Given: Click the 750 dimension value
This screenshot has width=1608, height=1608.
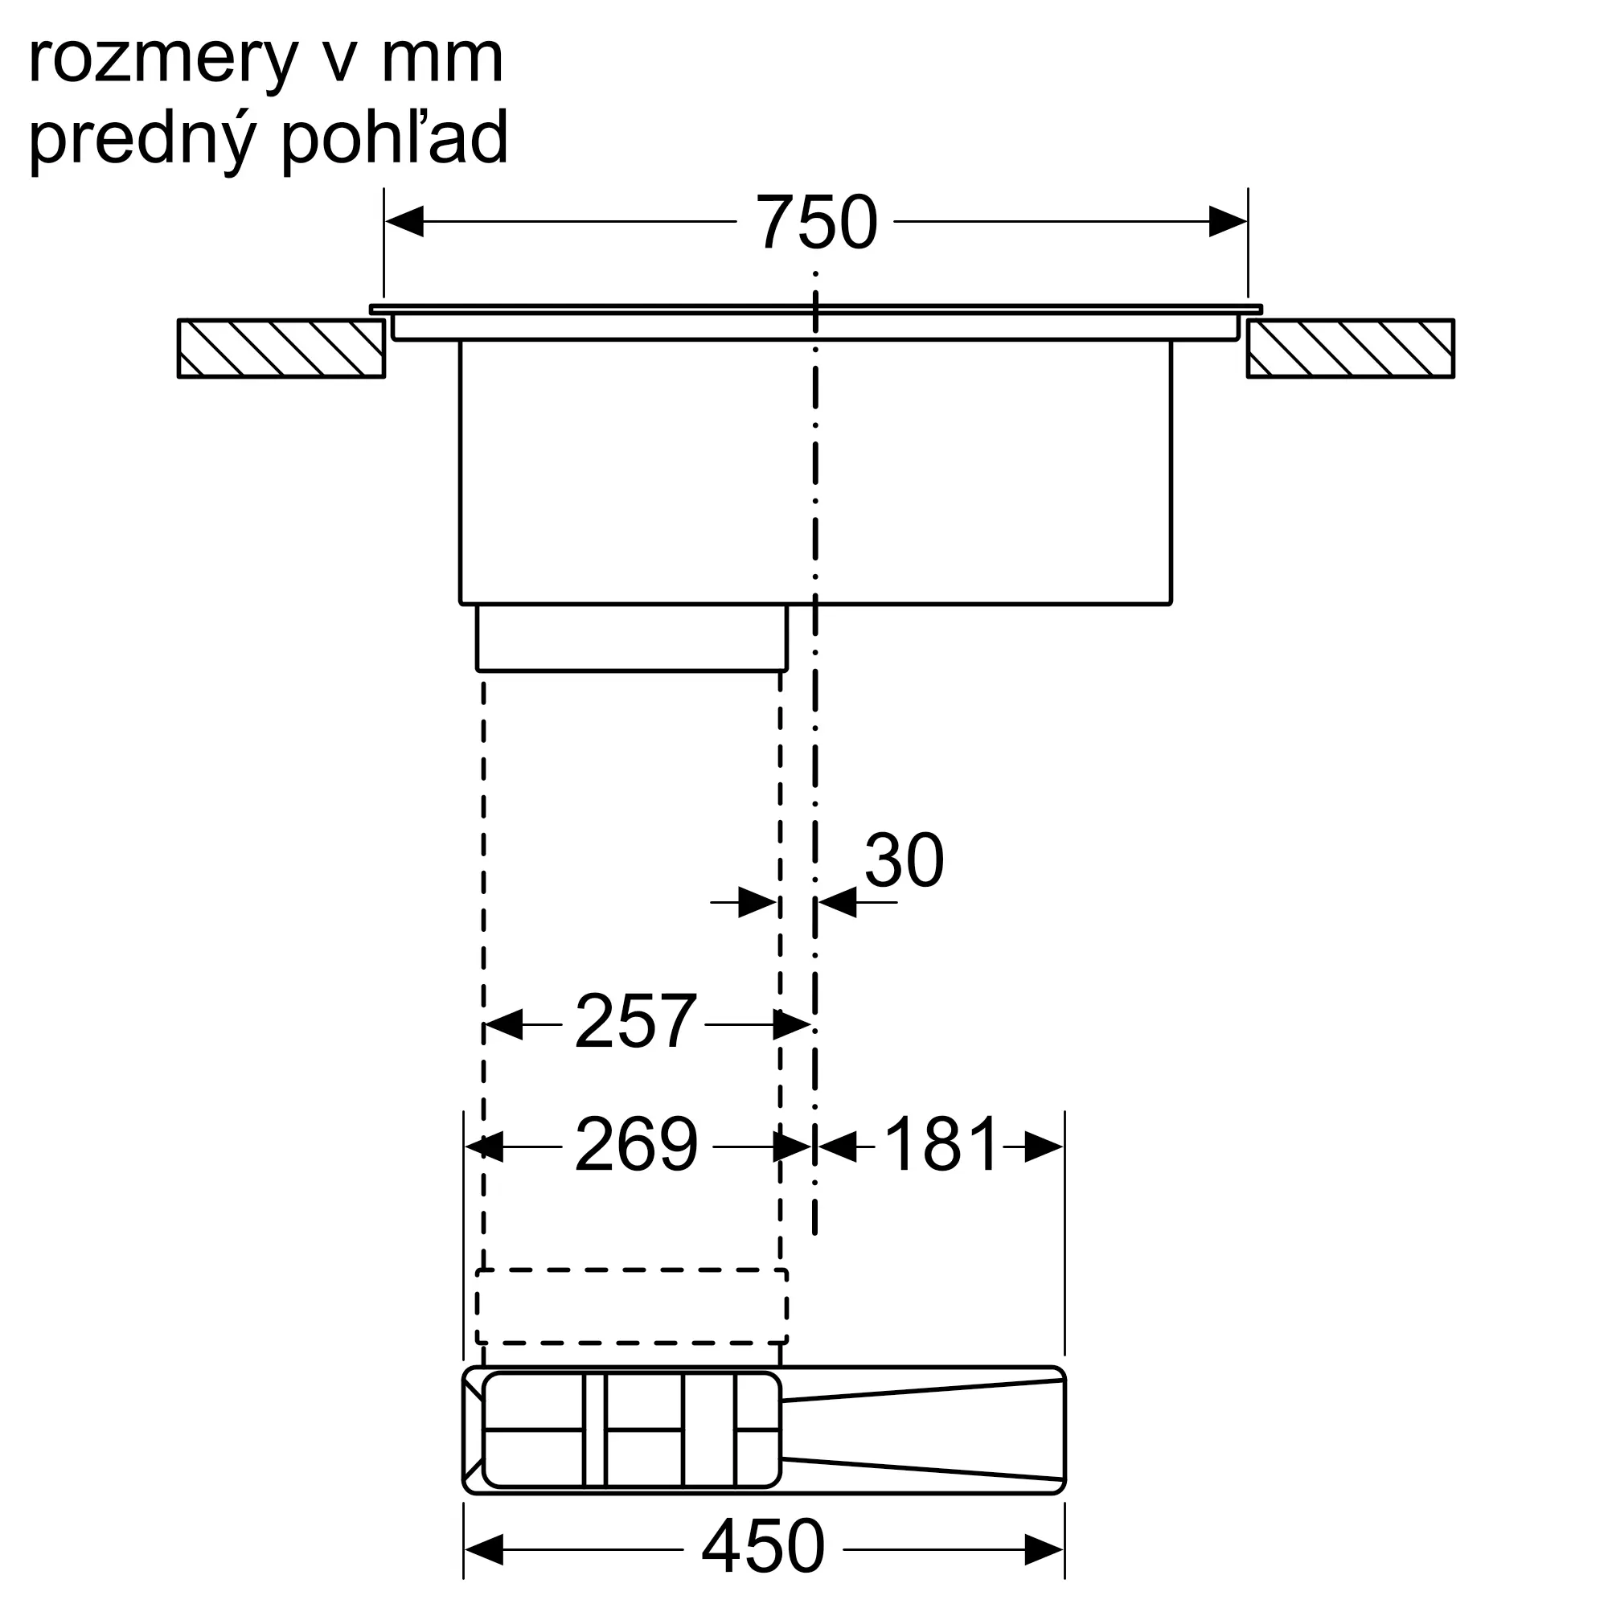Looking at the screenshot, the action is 815,222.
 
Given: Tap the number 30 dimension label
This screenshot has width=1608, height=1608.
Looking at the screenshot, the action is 904,860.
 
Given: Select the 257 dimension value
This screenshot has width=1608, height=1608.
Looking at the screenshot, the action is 635,1021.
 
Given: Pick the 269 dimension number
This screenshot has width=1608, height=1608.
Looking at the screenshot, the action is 636,1145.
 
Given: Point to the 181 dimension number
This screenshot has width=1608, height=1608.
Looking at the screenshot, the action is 941,1145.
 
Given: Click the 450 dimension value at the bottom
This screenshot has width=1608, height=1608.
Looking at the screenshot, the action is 762,1545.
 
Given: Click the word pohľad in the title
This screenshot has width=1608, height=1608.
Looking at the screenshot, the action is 395,137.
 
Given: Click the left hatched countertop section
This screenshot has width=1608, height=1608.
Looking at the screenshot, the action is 281,349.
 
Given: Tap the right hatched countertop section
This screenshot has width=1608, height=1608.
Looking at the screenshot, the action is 1350,349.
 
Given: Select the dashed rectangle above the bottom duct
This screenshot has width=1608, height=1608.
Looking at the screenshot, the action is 632,1306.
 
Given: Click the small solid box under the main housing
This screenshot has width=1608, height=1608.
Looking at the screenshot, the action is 632,638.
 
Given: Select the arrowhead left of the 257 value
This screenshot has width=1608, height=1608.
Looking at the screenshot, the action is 503,1023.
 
